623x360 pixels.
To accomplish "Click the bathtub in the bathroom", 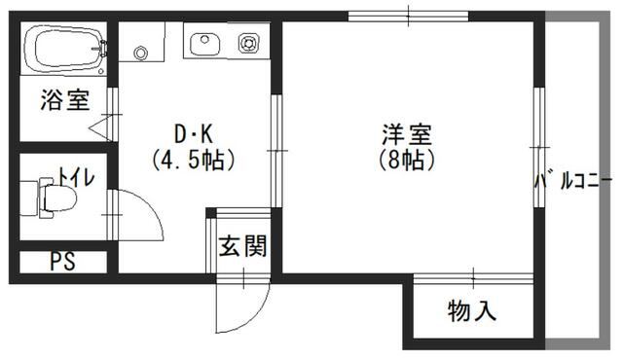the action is click(x=65, y=50).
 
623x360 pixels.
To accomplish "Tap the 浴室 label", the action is click(x=65, y=99).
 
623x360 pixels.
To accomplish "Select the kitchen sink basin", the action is click(x=205, y=44).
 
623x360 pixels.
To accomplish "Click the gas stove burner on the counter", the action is click(x=249, y=43).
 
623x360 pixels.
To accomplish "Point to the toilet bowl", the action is click(x=57, y=198).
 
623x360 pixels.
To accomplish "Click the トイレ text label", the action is click(x=77, y=177).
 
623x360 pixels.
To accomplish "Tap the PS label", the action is click(x=62, y=262).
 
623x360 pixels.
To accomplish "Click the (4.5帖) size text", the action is click(x=194, y=160).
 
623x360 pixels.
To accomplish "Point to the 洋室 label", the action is click(x=407, y=134).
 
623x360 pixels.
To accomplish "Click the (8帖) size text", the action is click(x=407, y=160).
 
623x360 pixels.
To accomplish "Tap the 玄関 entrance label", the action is click(x=242, y=246).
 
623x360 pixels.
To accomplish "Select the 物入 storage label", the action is click(x=472, y=310).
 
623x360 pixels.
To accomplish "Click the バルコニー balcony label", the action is click(x=572, y=182).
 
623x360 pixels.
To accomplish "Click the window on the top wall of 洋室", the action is click(x=409, y=17).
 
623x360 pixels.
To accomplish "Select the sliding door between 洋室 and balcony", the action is click(x=538, y=147).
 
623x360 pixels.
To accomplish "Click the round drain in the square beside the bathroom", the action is click(x=140, y=53).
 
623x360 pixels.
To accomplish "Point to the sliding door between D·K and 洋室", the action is click(x=276, y=151).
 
